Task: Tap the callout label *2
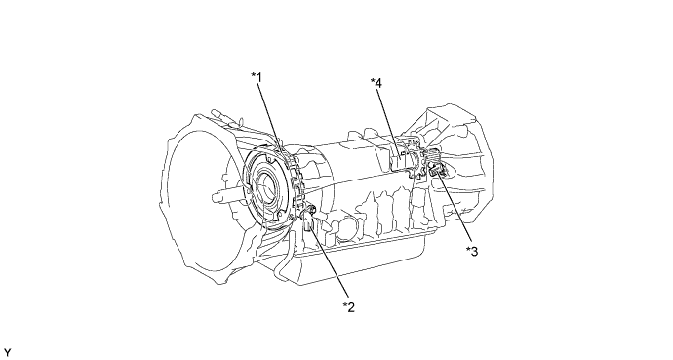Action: click(x=348, y=307)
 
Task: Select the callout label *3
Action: click(x=472, y=251)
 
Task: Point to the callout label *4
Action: click(x=376, y=82)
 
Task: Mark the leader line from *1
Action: click(x=269, y=112)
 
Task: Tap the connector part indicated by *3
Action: click(x=435, y=174)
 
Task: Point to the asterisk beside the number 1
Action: click(x=253, y=76)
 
